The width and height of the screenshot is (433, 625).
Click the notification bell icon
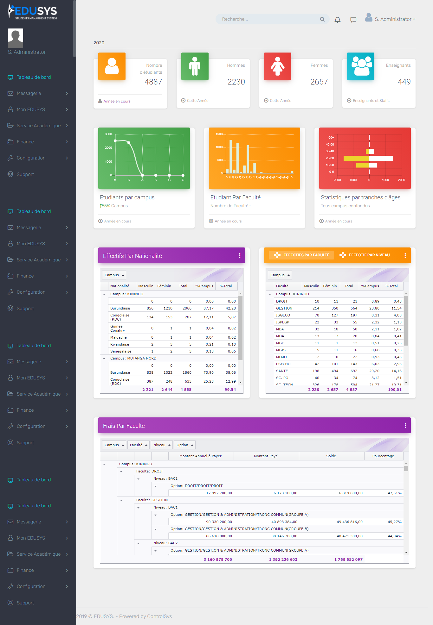coord(338,20)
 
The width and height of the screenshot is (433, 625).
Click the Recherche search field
coord(269,19)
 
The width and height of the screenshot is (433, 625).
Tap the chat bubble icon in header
coord(353,20)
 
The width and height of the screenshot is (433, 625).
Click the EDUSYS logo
coord(33,11)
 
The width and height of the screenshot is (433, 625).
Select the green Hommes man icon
coord(195,66)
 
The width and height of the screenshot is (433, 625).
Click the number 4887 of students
coord(153,82)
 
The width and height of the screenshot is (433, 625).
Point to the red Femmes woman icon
coord(277,66)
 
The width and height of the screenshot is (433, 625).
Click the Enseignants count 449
coord(404,82)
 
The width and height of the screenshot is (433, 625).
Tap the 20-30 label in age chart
coord(330,158)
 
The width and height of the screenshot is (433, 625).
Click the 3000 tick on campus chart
coord(108,134)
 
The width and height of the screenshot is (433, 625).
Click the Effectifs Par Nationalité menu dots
coord(239,256)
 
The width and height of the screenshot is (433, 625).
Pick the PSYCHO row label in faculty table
coord(283,364)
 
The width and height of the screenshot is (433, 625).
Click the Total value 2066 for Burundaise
coord(187,308)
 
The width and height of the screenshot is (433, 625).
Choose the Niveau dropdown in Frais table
coord(162,445)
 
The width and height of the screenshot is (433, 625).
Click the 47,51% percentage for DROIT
coord(394,493)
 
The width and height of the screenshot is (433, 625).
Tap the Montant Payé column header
coord(266,456)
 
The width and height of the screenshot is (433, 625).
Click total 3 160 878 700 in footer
coord(218,559)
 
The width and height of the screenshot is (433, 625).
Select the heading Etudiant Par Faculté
coord(235,197)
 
